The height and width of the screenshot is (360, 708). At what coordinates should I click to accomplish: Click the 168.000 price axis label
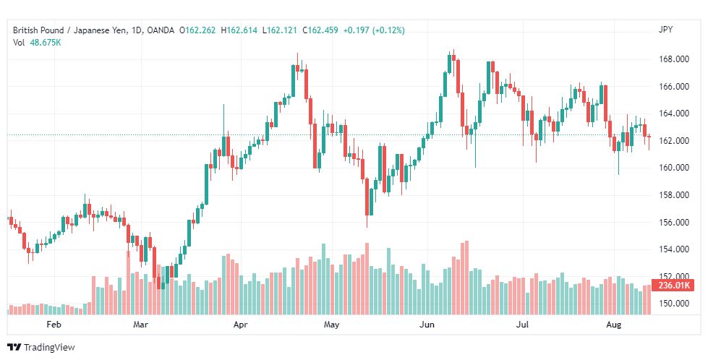pyautogui.click(x=673, y=59)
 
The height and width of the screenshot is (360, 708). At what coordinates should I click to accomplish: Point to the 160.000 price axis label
pyautogui.click(x=673, y=168)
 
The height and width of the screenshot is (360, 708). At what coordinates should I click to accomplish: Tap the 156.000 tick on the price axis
pyautogui.click(x=673, y=222)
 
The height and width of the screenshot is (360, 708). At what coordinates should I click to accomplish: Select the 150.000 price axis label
pyautogui.click(x=673, y=303)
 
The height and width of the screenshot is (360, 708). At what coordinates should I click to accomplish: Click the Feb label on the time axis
pyautogui.click(x=54, y=324)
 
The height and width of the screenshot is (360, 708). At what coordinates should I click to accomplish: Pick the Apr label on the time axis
pyautogui.click(x=240, y=324)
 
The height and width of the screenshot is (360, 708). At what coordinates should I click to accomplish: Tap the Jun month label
pyautogui.click(x=427, y=324)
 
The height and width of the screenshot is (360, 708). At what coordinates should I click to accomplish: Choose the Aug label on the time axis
pyautogui.click(x=613, y=324)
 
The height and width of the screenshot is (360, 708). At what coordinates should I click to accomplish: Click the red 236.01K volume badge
pyautogui.click(x=674, y=285)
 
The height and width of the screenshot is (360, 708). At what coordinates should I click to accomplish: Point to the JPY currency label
pyautogui.click(x=665, y=30)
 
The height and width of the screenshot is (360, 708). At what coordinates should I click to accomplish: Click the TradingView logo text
pyautogui.click(x=48, y=347)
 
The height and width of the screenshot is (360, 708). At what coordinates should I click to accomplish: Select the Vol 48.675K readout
pyautogui.click(x=37, y=43)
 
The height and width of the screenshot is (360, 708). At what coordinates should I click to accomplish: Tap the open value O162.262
pyautogui.click(x=197, y=30)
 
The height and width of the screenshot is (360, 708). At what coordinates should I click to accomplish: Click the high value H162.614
pyautogui.click(x=239, y=30)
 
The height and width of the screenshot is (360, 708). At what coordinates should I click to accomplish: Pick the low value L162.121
pyautogui.click(x=279, y=30)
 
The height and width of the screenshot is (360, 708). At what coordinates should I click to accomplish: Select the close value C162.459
pyautogui.click(x=320, y=30)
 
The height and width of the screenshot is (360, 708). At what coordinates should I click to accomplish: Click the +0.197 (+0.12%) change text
pyautogui.click(x=374, y=30)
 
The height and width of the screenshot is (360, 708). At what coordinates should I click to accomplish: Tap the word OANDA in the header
pyautogui.click(x=161, y=30)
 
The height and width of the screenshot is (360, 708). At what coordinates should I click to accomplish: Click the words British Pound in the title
pyautogui.click(x=38, y=30)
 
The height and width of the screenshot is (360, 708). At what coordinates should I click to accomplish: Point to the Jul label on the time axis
pyautogui.click(x=522, y=324)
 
